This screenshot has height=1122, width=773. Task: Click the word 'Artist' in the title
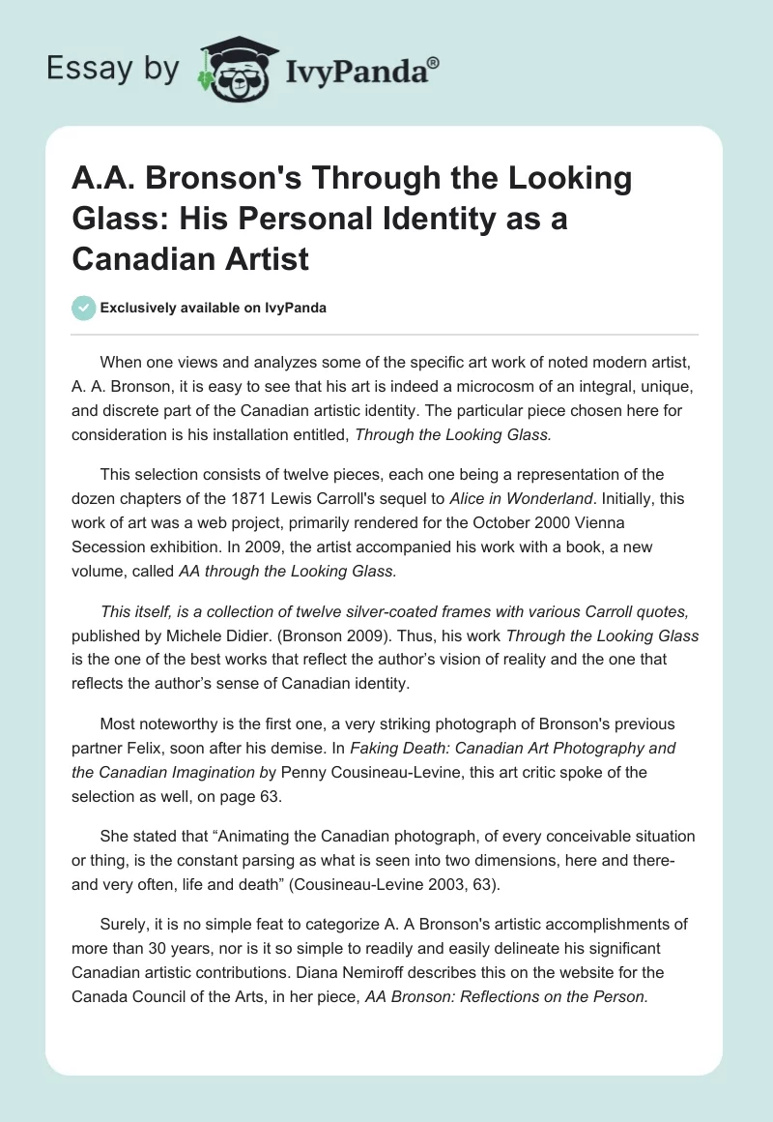click(x=261, y=258)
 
